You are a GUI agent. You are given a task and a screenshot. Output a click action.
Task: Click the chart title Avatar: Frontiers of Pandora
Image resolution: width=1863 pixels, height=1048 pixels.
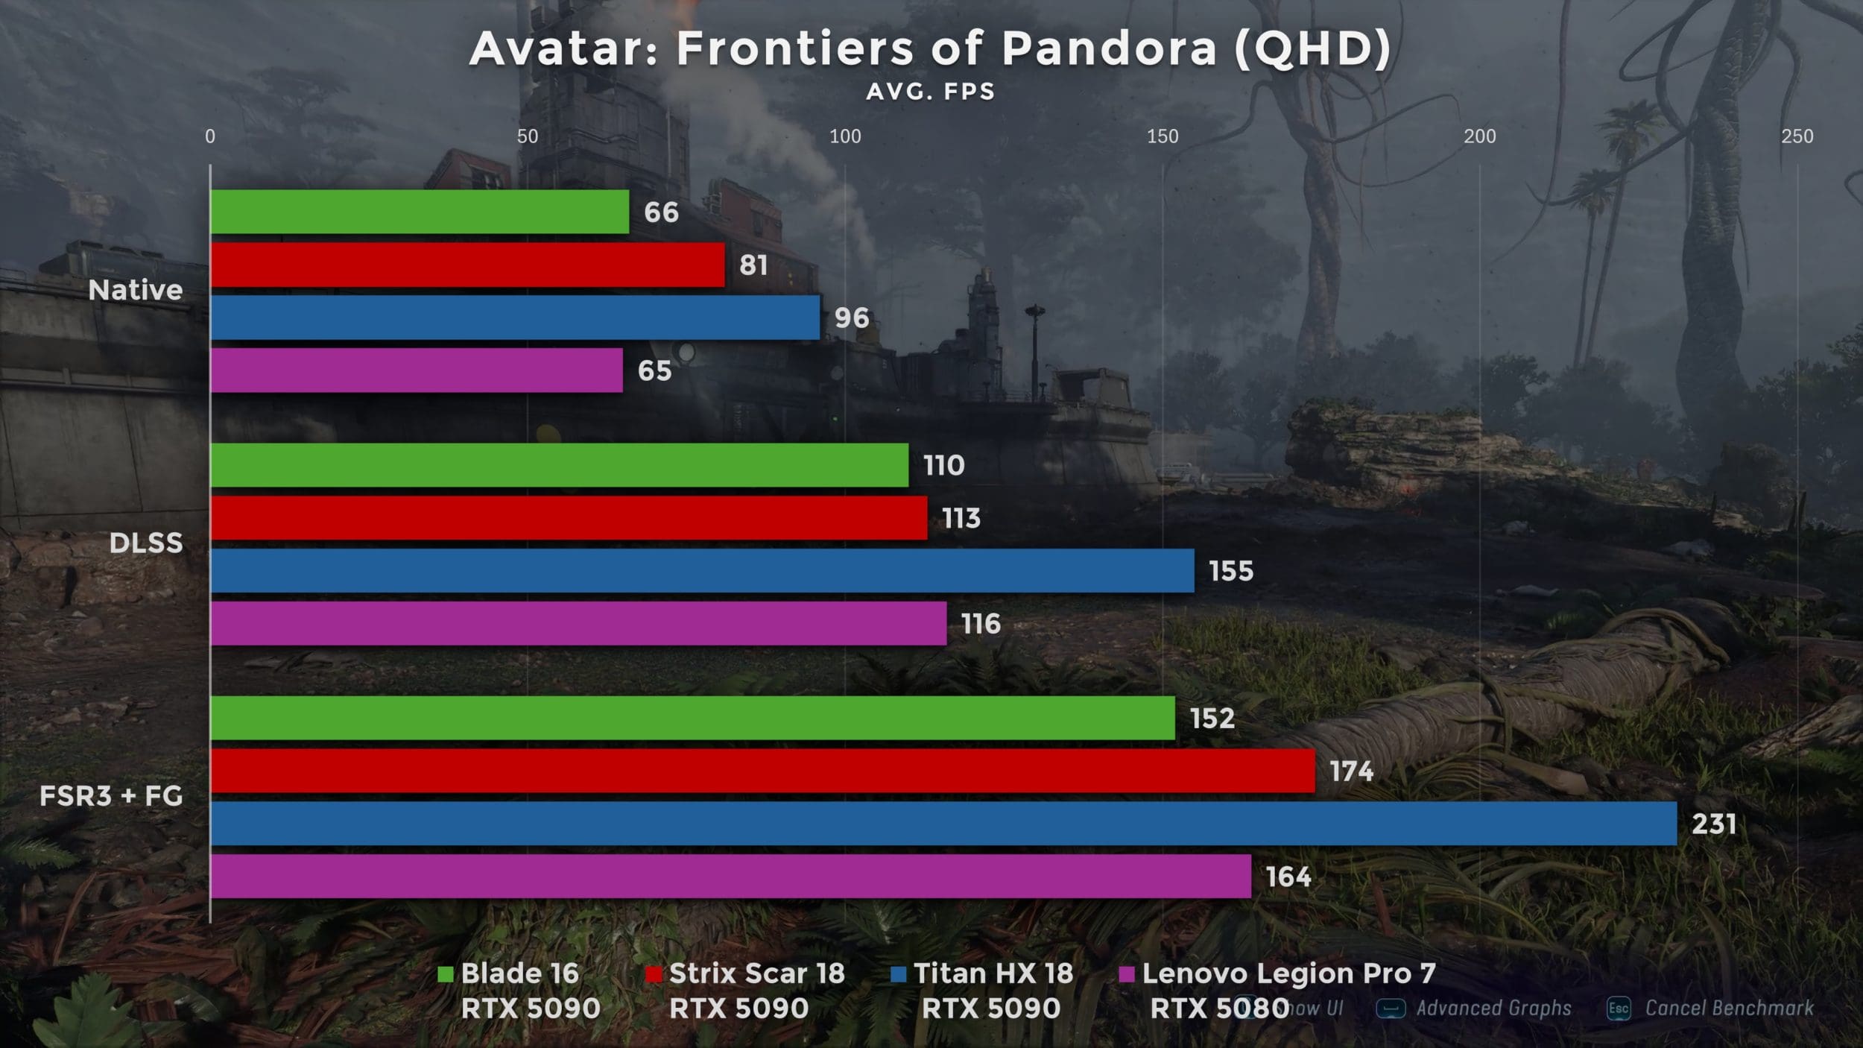tap(930, 49)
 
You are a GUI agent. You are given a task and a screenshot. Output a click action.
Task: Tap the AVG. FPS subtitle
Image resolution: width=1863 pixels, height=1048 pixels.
tap(930, 92)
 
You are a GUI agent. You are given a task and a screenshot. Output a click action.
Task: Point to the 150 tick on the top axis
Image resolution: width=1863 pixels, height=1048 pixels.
tap(1163, 136)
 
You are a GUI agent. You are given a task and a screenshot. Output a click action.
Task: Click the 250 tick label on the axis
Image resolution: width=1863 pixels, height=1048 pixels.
tap(1797, 136)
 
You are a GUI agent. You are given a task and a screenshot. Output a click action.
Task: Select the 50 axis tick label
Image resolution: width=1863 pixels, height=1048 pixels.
tap(528, 136)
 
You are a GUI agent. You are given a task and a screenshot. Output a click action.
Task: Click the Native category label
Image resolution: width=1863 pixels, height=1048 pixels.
tap(135, 290)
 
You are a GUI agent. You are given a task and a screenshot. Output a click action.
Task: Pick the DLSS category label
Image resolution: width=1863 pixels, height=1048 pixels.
tap(146, 543)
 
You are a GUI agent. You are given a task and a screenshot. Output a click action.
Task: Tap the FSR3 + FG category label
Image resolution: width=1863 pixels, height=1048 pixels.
tap(111, 796)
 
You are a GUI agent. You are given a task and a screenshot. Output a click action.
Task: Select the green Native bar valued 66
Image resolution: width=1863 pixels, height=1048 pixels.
tap(420, 212)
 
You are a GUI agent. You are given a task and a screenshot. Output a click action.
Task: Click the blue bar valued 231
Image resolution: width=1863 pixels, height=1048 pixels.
tap(943, 824)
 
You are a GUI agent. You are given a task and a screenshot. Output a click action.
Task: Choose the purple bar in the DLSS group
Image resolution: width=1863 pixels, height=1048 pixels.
tap(578, 623)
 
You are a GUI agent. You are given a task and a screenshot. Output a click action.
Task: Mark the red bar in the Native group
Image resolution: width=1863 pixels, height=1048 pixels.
tap(467, 265)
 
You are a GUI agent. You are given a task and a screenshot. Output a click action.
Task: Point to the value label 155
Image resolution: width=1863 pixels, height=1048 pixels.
tap(1231, 571)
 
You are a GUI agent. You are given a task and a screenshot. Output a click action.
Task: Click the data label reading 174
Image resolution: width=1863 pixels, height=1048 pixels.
tap(1351, 771)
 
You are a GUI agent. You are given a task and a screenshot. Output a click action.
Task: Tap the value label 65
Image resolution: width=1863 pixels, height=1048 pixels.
tap(654, 370)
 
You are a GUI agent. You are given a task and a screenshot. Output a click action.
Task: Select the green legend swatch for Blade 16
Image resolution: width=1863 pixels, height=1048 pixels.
tap(446, 974)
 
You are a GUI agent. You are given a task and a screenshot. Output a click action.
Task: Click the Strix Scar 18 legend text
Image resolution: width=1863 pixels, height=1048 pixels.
tap(756, 973)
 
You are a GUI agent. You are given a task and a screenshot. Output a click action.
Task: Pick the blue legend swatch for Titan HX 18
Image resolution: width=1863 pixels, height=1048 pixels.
tap(899, 974)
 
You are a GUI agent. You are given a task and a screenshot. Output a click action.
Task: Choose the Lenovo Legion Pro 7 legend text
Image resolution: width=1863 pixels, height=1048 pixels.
tap(1288, 973)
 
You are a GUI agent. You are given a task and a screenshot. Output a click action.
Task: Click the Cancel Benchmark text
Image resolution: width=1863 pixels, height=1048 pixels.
tap(1729, 1008)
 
